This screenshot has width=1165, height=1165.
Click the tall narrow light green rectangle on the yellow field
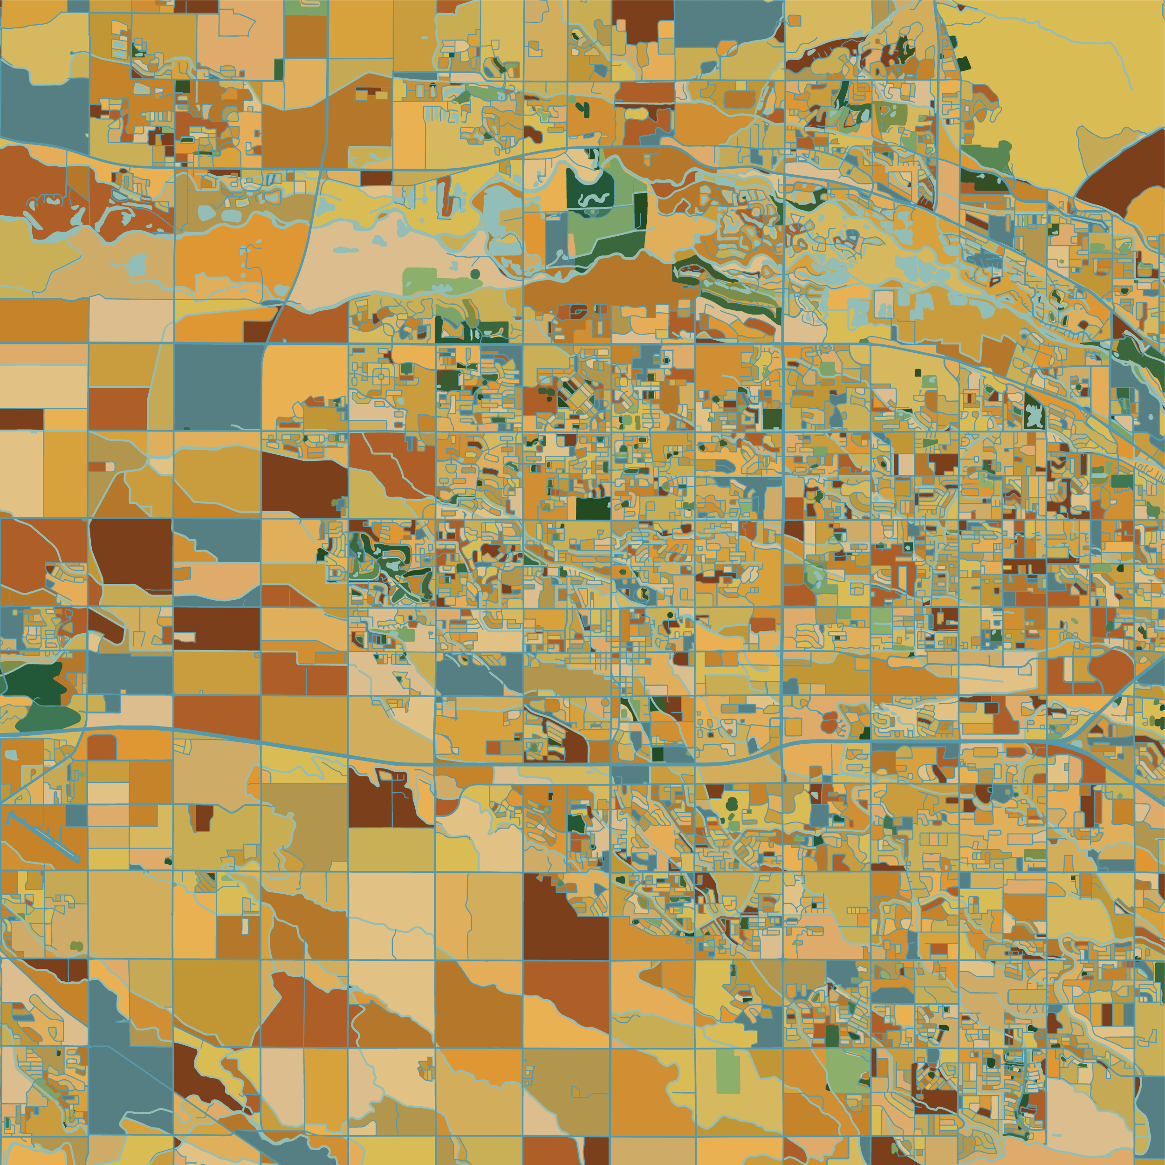[x=728, y=1071]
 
